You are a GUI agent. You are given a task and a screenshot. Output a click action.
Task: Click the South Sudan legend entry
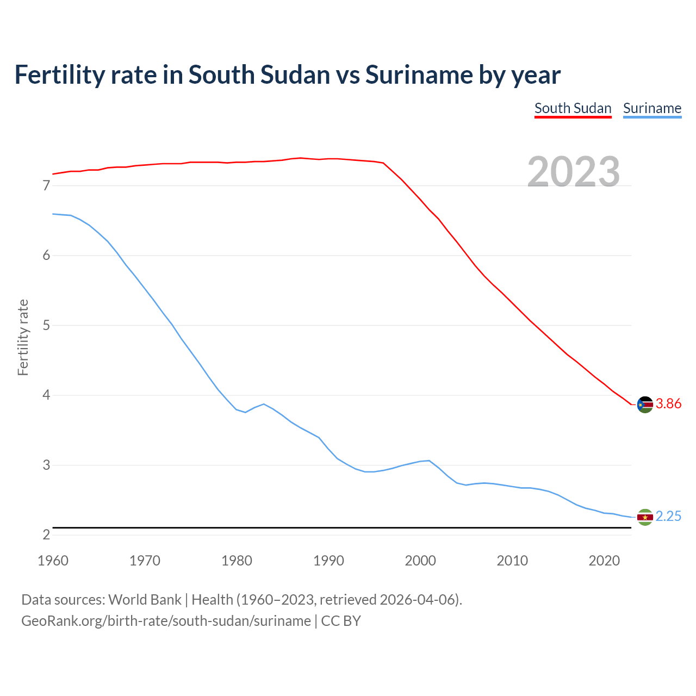pos(573,108)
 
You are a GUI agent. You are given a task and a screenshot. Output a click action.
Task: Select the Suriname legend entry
pos(652,108)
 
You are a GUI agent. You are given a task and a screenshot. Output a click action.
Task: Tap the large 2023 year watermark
pos(574,172)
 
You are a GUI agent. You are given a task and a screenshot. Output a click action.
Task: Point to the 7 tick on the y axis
pos(46,186)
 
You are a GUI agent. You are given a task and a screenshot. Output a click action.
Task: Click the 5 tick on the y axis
pos(46,326)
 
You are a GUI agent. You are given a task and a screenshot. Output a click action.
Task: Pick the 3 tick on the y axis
pos(46,465)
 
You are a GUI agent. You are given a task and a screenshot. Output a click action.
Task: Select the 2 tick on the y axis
pos(46,535)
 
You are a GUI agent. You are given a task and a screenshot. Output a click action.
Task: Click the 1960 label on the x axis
pos(53,561)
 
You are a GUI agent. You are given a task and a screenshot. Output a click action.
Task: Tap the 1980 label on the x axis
pos(237,561)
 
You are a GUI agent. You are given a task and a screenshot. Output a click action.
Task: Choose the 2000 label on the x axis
pos(420,561)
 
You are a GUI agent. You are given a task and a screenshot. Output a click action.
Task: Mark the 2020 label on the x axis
pos(604,561)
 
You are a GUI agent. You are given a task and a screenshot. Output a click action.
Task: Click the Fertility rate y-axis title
pos(23,337)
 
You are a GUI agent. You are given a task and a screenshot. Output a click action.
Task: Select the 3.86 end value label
pos(668,404)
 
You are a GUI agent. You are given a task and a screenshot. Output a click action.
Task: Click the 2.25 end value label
pos(668,517)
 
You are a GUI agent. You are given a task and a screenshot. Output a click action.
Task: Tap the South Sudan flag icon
pos(645,405)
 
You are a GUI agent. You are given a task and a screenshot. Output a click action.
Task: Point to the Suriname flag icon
pos(645,517)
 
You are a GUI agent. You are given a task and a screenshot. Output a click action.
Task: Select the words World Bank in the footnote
pos(145,600)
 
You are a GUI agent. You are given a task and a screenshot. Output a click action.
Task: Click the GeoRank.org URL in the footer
pos(166,621)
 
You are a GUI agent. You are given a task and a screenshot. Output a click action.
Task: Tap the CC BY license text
pos(341,621)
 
